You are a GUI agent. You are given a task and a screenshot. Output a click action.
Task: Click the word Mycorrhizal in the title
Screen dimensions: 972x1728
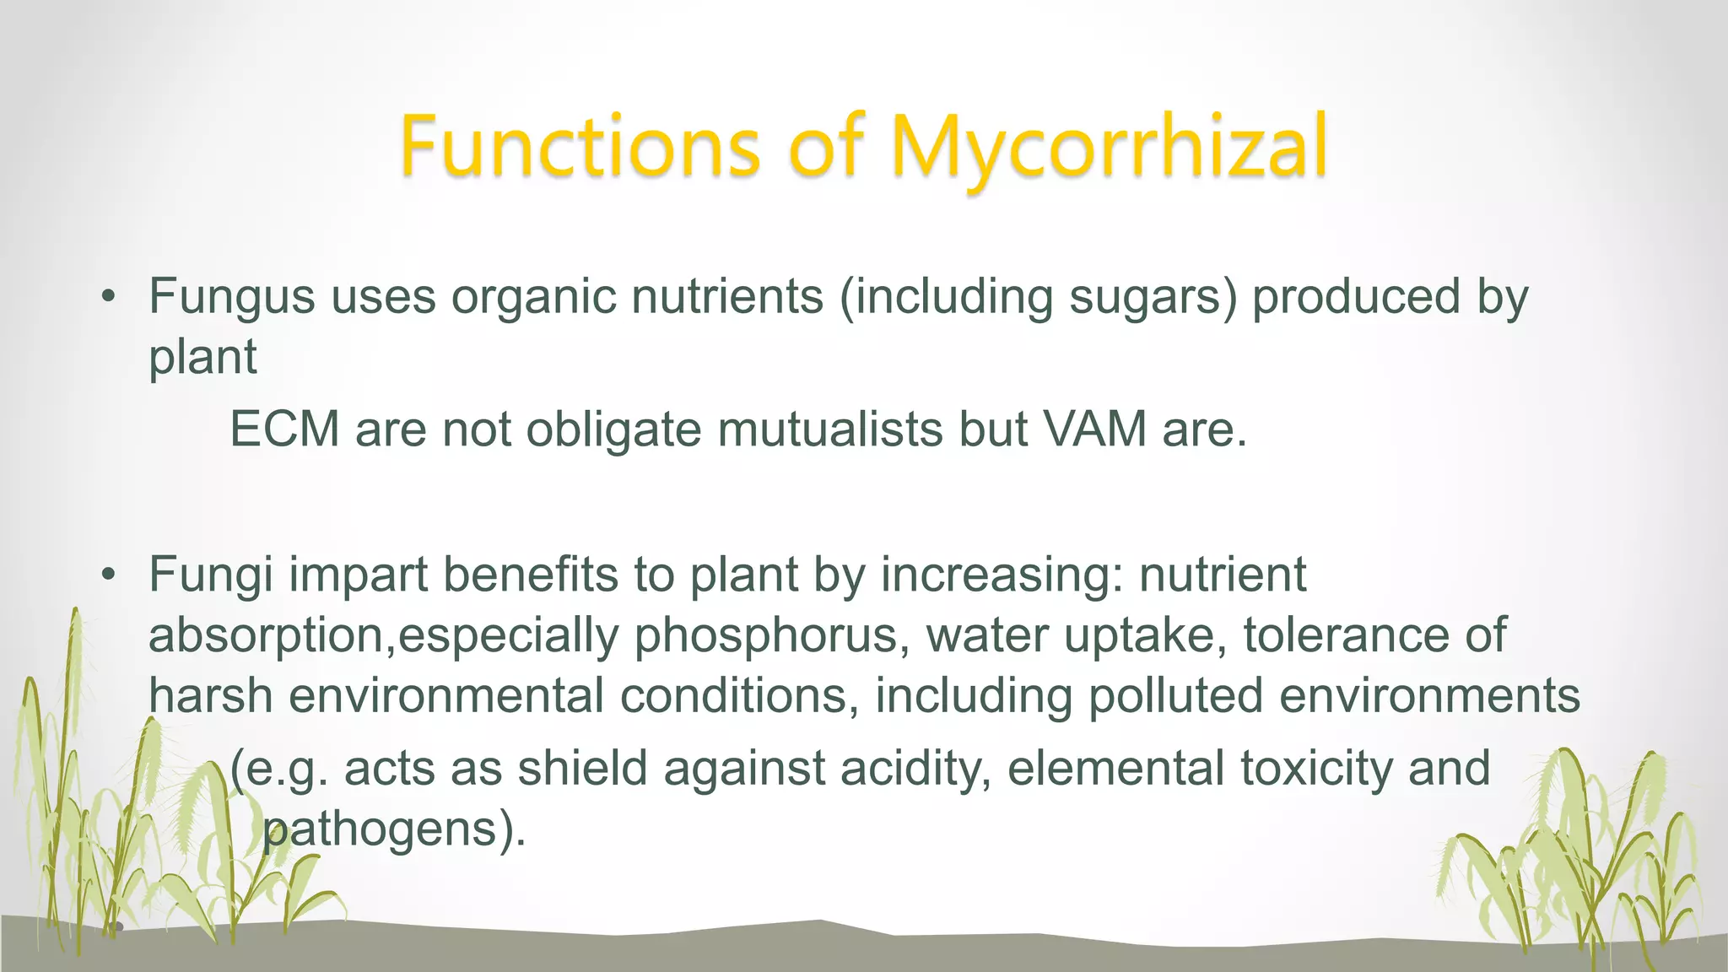coord(1109,148)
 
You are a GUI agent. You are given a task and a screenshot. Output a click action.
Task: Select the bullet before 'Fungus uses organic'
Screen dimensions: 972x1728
coord(106,297)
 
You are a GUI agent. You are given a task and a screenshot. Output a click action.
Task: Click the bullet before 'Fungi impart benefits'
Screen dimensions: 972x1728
coord(106,575)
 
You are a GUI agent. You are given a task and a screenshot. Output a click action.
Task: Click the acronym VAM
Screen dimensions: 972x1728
coord(1094,429)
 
